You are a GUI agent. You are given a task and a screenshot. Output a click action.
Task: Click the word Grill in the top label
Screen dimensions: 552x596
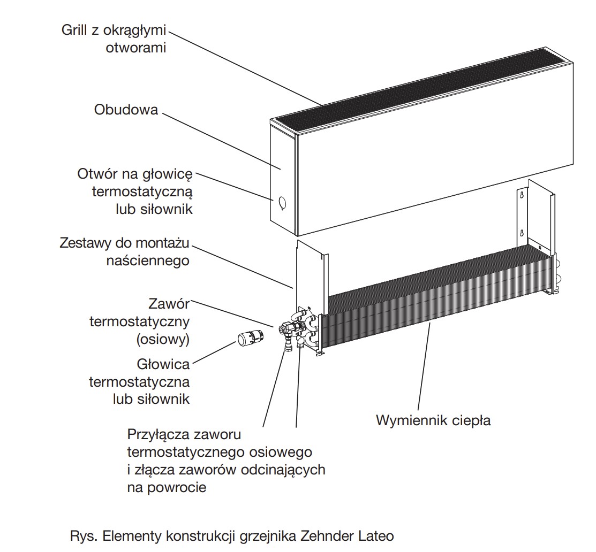click(x=73, y=29)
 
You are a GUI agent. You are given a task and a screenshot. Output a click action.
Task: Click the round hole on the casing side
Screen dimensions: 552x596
click(x=282, y=203)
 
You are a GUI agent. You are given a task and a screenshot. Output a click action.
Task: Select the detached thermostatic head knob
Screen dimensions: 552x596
click(x=250, y=339)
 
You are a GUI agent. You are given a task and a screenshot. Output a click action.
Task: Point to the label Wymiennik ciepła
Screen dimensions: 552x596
click(x=433, y=420)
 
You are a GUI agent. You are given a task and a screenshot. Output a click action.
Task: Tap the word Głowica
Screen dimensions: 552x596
click(x=163, y=364)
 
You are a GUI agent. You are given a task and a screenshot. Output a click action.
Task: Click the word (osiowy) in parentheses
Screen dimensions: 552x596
click(x=163, y=339)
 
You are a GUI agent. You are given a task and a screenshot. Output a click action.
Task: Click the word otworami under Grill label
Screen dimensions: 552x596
click(x=136, y=47)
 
